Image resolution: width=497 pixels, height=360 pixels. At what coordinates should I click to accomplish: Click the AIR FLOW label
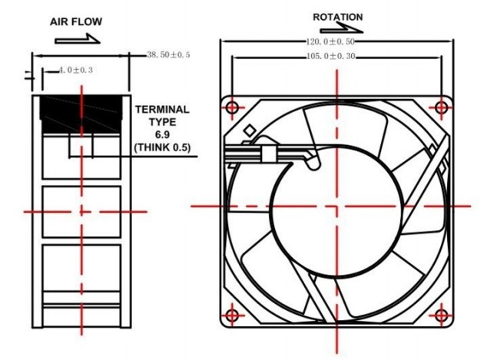coord(76,21)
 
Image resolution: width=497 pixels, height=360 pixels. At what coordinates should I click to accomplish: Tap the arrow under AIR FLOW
coord(78,38)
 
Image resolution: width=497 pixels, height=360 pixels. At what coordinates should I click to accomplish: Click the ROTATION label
coord(338,17)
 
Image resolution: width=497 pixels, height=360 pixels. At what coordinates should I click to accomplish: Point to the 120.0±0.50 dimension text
coord(330,41)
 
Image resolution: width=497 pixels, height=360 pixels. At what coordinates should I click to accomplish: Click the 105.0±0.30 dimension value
coord(330,57)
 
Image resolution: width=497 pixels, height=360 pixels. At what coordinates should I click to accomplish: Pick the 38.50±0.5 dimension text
coord(168,54)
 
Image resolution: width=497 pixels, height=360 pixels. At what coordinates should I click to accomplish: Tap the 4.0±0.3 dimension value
coord(76,70)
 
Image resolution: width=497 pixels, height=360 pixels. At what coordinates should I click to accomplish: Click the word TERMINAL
coord(162,110)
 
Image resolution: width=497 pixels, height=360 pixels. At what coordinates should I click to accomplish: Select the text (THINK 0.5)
coord(162,147)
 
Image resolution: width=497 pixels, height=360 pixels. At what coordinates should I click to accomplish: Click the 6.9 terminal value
coord(162,134)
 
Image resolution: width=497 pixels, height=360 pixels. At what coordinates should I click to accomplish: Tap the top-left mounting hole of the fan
coord(232,107)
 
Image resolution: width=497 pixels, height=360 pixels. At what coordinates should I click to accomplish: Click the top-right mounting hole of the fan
coord(441,107)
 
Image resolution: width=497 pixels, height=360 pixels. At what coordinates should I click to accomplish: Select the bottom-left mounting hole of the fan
coord(232,315)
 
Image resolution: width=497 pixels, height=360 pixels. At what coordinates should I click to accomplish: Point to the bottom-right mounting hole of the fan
coord(441,315)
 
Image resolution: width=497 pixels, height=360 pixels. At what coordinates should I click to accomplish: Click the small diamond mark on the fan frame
coord(250,130)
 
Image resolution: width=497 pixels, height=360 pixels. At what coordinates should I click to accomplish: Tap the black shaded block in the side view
coord(81,114)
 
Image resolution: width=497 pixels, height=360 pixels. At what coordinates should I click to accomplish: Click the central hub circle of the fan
coord(337,212)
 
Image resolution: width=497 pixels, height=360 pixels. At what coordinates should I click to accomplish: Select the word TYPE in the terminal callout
coord(162,122)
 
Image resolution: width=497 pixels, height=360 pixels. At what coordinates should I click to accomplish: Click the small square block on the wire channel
coord(268,154)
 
